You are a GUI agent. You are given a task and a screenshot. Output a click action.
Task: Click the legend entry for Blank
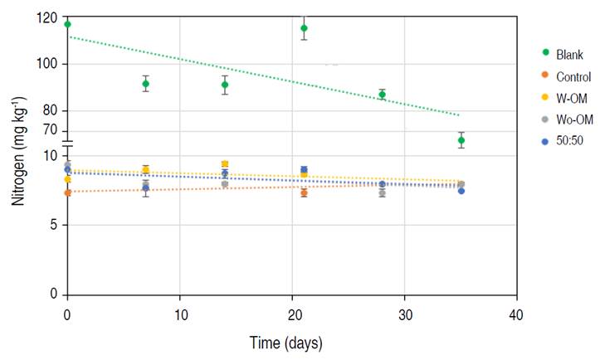point(569,55)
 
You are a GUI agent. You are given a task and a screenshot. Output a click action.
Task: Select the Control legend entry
point(573,77)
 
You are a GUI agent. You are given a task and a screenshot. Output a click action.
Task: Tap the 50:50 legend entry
point(569,141)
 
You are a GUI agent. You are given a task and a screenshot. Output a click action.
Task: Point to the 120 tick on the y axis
point(47,18)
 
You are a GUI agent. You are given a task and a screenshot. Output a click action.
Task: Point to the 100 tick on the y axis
point(47,65)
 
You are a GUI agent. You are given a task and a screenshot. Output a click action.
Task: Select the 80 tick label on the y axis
point(50,110)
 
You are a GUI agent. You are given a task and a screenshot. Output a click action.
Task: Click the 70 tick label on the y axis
point(50,130)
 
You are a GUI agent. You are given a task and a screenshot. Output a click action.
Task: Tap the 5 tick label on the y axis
point(53,225)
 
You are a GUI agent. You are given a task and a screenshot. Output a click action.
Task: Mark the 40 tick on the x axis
point(516,314)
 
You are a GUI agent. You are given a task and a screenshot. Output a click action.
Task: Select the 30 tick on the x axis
point(404,314)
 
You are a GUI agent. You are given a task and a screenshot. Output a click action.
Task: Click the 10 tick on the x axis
point(179,314)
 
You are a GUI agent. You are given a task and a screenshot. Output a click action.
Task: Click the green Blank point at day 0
point(67,24)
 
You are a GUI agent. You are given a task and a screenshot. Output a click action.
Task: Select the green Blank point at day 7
point(146,84)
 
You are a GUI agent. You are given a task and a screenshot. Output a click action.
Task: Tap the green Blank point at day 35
point(461,140)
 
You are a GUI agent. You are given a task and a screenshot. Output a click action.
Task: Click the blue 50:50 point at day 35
point(461,191)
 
